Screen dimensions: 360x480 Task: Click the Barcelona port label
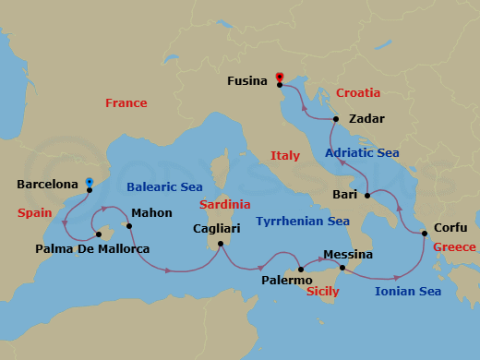click(47, 185)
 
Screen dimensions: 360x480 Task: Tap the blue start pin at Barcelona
click(90, 183)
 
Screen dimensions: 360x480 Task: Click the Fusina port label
click(250, 81)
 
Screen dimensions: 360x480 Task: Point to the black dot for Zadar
click(337, 119)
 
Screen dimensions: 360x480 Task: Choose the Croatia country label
click(358, 93)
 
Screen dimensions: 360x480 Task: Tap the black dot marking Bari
click(367, 196)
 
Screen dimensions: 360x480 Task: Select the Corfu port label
click(450, 228)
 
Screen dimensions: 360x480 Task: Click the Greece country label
click(454, 246)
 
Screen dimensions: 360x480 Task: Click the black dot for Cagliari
click(220, 245)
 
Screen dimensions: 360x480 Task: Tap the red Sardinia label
click(225, 204)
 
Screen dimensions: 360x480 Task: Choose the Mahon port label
click(152, 212)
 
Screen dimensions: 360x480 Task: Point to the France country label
click(126, 103)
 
